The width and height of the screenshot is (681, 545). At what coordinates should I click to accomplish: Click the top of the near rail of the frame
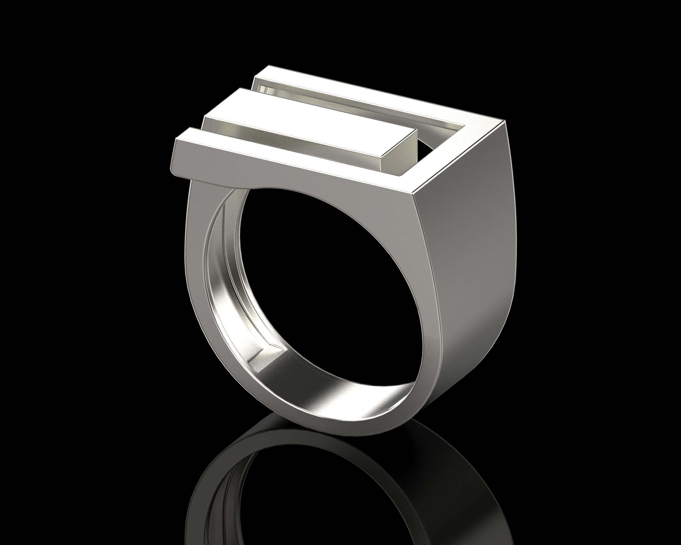point(284,158)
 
